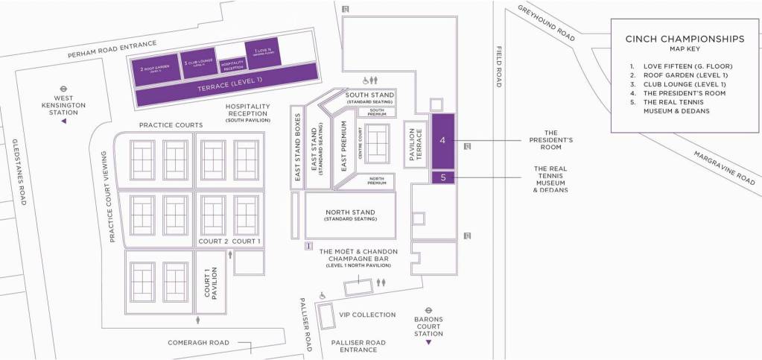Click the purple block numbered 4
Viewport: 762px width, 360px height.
tap(442, 140)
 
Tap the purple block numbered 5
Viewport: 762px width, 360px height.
tap(442, 177)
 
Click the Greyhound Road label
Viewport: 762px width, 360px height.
tap(547, 24)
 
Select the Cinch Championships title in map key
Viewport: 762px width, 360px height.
tap(685, 39)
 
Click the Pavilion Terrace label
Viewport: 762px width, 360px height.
tap(414, 143)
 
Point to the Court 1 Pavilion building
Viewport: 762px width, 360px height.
tap(211, 282)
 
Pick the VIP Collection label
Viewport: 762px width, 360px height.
tap(367, 315)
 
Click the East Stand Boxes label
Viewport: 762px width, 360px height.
tap(296, 153)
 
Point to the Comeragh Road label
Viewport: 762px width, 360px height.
tap(198, 342)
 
